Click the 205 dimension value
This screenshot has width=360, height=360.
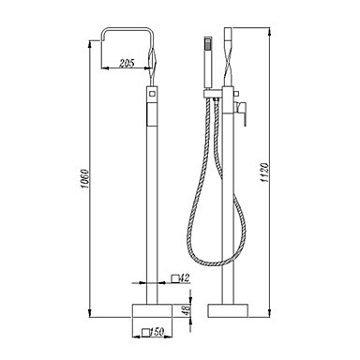[127, 63]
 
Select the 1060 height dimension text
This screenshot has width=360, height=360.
[84, 179]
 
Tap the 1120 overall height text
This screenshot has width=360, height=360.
[264, 172]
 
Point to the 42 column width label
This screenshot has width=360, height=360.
[186, 277]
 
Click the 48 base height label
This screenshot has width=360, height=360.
[187, 310]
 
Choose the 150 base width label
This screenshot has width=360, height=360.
[157, 332]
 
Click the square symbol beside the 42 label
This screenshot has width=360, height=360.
[175, 278]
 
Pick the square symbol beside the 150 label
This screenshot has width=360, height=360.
[145, 332]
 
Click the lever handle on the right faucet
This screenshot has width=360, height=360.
[242, 112]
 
